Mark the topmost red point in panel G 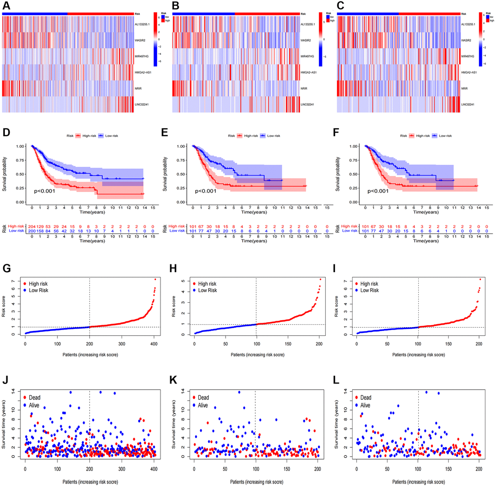[x=156, y=279]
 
